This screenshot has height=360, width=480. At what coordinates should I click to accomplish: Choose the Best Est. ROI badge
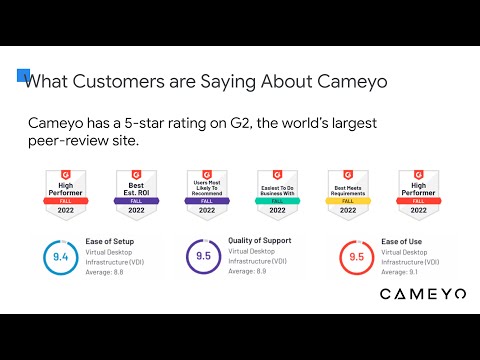point(136,192)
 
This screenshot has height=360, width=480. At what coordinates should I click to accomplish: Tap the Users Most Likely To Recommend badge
point(206,192)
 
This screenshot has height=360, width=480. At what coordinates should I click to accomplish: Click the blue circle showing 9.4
point(59,257)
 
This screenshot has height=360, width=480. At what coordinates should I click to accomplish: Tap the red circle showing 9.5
point(355,257)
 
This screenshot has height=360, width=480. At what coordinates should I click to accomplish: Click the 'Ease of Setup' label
point(108,242)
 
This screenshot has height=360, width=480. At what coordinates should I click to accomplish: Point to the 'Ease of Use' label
point(402,242)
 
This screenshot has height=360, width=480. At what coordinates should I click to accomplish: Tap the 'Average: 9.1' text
point(401,271)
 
